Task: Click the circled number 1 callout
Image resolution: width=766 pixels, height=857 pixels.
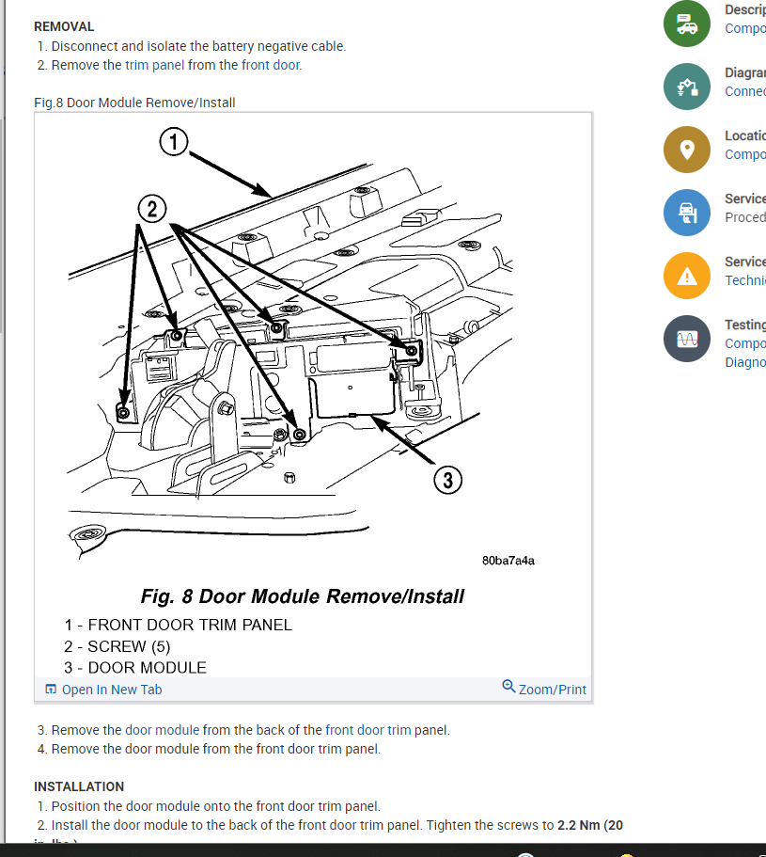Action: click(174, 142)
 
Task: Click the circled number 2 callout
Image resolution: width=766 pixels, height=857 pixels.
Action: click(153, 207)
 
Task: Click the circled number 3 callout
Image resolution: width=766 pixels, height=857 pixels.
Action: click(448, 481)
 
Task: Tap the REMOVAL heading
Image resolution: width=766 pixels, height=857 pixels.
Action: click(64, 27)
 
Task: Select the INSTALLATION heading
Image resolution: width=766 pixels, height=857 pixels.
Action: click(79, 786)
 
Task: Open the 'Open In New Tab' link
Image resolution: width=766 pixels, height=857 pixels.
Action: click(111, 690)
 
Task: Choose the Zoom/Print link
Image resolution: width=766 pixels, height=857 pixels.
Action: click(552, 690)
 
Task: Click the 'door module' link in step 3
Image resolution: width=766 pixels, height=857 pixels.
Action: click(163, 730)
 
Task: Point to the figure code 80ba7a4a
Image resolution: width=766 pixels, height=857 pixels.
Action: click(508, 560)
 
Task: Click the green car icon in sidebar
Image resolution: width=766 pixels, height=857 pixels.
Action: click(686, 24)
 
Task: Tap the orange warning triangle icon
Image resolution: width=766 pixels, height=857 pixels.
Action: click(686, 277)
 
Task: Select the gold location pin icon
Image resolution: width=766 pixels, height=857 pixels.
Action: click(686, 150)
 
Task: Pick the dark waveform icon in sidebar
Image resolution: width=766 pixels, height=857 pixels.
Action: click(686, 339)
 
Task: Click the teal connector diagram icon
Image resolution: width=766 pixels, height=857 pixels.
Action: click(686, 87)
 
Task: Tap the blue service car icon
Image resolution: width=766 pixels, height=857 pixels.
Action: click(686, 213)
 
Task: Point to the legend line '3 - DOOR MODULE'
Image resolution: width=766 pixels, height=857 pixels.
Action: click(135, 668)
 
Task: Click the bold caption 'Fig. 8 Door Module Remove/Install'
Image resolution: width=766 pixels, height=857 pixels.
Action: click(302, 596)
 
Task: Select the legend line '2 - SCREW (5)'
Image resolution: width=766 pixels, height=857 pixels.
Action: click(117, 646)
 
